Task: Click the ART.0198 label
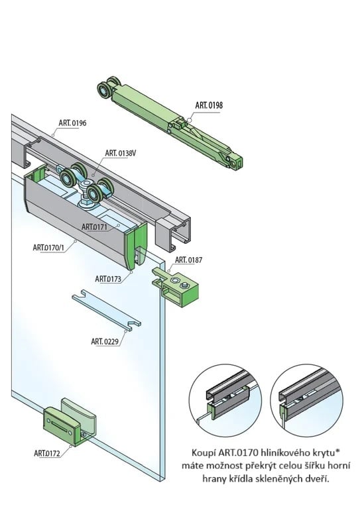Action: coord(209,105)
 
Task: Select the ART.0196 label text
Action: coord(73,123)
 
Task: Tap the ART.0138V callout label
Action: coord(120,153)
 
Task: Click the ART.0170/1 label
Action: coord(48,248)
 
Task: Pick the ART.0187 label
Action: coord(188,260)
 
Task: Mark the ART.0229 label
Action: coord(105,341)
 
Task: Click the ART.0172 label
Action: coord(48,453)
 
